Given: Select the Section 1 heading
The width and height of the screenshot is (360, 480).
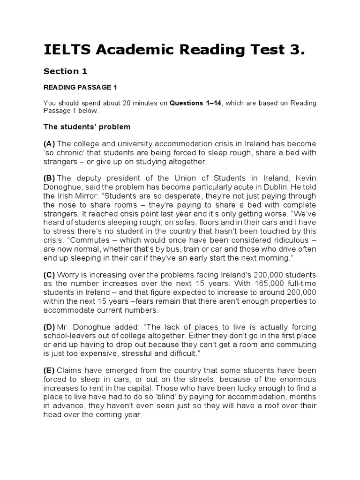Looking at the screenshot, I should point(65,71).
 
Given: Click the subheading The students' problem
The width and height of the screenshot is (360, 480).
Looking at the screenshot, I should point(87,127).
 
